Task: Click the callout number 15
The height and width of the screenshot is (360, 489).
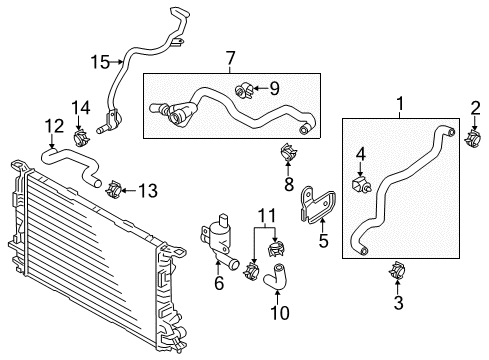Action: [100, 62]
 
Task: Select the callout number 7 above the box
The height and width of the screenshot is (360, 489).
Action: [230, 58]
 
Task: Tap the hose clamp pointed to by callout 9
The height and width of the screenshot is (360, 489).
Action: [244, 91]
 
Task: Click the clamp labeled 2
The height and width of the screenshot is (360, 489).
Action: [473, 139]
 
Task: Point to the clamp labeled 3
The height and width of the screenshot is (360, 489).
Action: [397, 270]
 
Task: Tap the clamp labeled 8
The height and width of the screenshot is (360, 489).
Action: [289, 152]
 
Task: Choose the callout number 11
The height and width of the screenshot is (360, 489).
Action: [268, 216]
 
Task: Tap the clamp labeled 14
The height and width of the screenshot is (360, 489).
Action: [81, 138]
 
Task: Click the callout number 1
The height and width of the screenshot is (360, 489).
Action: [400, 104]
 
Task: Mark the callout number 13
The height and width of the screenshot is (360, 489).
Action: [148, 191]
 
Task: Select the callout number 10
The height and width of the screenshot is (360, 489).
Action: [280, 312]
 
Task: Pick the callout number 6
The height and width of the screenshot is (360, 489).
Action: [219, 283]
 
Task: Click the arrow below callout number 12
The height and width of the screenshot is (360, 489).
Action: [52, 142]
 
